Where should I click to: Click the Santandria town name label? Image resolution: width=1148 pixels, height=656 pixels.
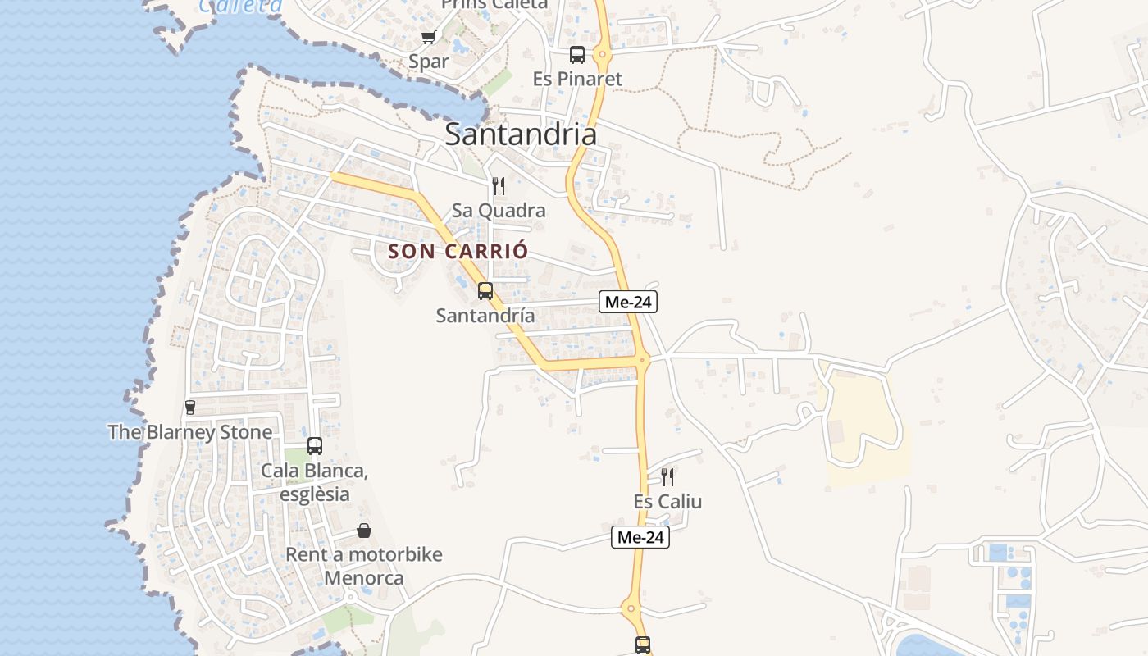point(520,134)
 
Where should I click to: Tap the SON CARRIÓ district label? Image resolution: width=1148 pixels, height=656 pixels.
point(458,252)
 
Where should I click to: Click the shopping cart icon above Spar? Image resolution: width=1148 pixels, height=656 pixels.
point(428,38)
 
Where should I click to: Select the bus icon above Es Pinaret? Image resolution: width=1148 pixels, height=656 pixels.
point(577,55)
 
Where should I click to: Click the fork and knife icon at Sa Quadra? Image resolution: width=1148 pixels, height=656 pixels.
point(498,186)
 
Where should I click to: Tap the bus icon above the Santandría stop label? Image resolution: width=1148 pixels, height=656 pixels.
point(485,291)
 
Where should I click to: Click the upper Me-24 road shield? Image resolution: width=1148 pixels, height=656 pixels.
point(628,302)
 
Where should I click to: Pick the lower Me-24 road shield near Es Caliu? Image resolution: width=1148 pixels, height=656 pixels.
point(640,538)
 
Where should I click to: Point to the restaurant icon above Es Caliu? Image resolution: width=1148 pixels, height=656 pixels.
point(667,477)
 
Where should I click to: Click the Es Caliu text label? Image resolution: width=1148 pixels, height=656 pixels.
point(667,502)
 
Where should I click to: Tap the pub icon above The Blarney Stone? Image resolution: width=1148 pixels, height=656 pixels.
point(190,408)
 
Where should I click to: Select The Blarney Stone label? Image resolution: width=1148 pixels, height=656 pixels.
point(190,432)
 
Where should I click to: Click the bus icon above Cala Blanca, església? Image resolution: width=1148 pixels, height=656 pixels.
point(315,446)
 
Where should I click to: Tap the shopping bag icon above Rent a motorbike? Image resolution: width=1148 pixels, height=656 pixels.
point(364,531)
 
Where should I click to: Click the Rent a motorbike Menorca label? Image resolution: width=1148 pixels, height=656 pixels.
point(364,566)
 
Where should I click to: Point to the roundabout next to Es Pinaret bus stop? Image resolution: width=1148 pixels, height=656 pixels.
point(603,56)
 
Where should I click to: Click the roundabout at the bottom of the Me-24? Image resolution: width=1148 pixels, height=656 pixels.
point(630,608)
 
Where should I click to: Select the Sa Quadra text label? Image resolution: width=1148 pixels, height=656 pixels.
point(498,211)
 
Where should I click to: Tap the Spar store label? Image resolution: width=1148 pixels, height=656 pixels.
point(429,61)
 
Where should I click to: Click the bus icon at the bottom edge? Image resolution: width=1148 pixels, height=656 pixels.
point(643,645)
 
